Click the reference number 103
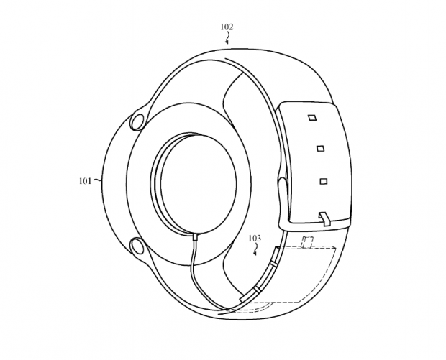[254, 238]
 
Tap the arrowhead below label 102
[227, 42]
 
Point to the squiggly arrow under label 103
[257, 249]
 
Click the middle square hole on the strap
[319, 149]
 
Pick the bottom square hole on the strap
[324, 180]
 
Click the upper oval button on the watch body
[136, 120]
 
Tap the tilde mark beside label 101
[99, 181]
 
